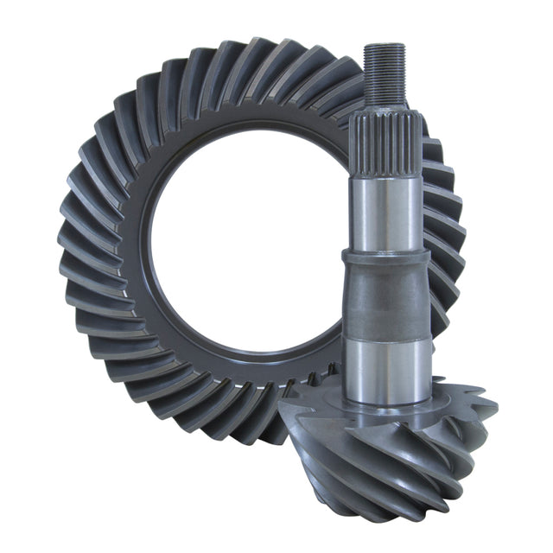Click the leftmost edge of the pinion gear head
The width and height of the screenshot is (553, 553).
coord(282,415)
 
